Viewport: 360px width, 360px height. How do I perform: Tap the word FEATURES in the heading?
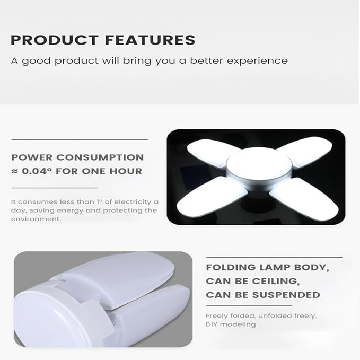149,40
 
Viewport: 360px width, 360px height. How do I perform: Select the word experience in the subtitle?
257,60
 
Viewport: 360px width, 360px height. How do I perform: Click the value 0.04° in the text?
37,171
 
